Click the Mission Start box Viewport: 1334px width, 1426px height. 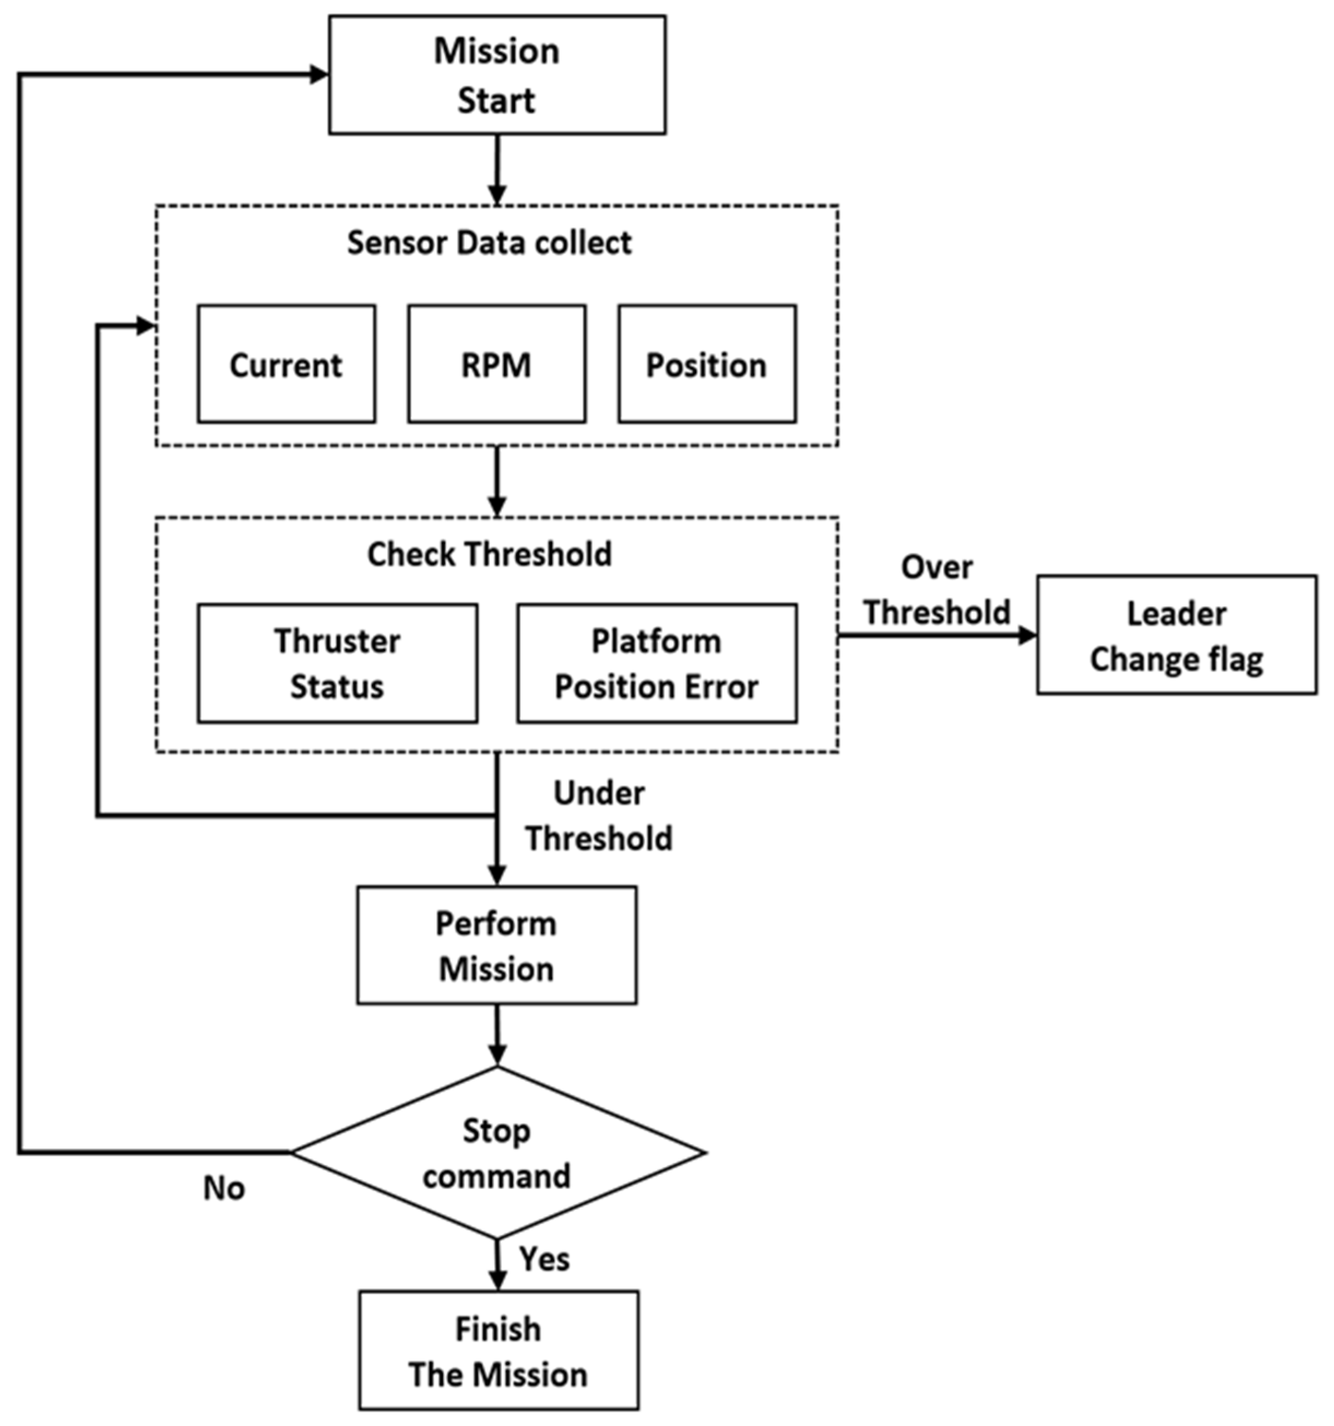pyautogui.click(x=497, y=75)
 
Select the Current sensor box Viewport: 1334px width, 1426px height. pyautogui.click(x=286, y=364)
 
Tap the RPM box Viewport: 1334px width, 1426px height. pyautogui.click(x=496, y=364)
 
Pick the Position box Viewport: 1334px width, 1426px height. pyautogui.click(x=707, y=364)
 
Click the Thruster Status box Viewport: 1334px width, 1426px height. pyautogui.click(x=337, y=664)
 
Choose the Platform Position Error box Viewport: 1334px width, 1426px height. pyautogui.click(x=656, y=664)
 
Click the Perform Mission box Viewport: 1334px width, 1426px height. pyautogui.click(x=496, y=945)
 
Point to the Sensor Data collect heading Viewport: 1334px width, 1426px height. pyautogui.click(x=489, y=243)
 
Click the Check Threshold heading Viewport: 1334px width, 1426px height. pyautogui.click(x=489, y=554)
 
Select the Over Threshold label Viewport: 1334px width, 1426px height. pyautogui.click(x=936, y=590)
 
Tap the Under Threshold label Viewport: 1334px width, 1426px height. pyautogui.click(x=599, y=815)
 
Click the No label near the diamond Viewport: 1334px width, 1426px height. pyautogui.click(x=224, y=1188)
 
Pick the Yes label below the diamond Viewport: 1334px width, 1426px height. pyautogui.click(x=544, y=1259)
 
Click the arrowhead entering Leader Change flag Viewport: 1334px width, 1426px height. pyautogui.click(x=1027, y=635)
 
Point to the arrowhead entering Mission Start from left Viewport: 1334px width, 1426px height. pyautogui.click(x=319, y=74)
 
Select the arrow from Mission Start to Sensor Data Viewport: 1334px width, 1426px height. pyautogui.click(x=497, y=169)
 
